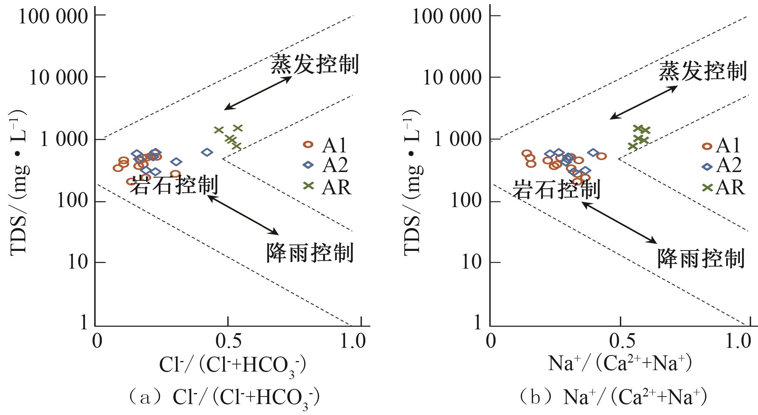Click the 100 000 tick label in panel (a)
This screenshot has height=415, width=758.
click(53, 17)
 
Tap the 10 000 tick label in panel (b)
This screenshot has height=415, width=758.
click(452, 78)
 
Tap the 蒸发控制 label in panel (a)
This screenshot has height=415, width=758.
click(314, 64)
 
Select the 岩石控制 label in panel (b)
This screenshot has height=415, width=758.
click(556, 189)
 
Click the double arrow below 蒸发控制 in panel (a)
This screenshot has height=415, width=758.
click(258, 93)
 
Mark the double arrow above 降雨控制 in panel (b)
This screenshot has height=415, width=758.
click(619, 223)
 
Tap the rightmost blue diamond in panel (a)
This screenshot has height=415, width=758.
click(207, 152)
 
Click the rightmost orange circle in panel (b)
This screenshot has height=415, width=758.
click(601, 156)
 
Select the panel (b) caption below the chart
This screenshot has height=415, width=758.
click(613, 398)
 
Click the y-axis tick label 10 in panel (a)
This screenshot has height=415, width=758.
click(78, 263)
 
